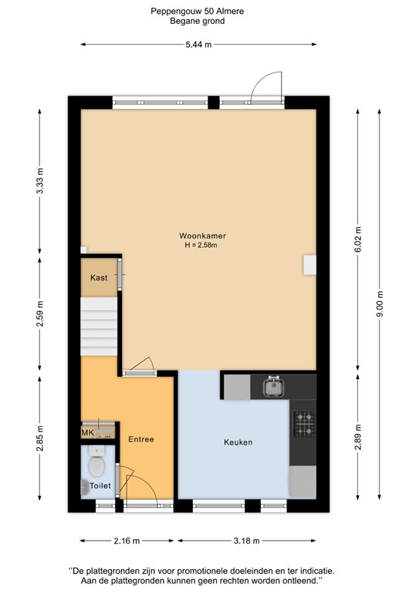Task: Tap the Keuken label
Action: [x=238, y=442]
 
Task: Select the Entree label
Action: [x=141, y=439]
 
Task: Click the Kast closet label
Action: [x=98, y=277]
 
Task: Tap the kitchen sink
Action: [x=272, y=385]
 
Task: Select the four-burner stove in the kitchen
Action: [x=303, y=422]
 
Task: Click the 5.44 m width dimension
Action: [x=199, y=46]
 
